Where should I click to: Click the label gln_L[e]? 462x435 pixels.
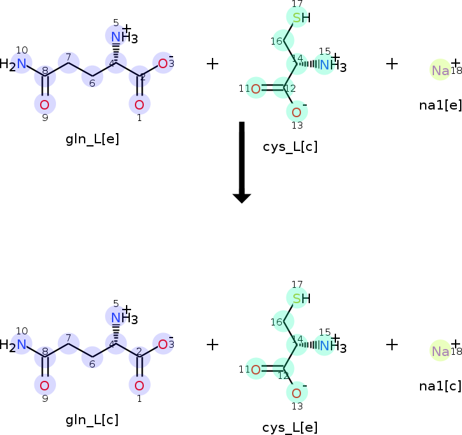92,139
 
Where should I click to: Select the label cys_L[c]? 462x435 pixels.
290,147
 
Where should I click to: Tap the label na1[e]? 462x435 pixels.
440,104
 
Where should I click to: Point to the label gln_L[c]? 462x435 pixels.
92,420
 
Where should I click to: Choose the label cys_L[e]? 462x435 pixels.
290,427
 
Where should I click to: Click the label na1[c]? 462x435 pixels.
440,385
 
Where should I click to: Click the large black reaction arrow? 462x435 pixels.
241,162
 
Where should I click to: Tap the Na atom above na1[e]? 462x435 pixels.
440,70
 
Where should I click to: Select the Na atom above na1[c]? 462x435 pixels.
440,351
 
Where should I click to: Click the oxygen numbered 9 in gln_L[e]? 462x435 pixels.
45,104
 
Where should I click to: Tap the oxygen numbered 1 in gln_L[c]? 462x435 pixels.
139,385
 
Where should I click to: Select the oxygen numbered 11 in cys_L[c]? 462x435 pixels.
255,89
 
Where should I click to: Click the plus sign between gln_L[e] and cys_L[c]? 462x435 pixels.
213,63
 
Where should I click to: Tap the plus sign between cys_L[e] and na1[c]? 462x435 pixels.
392,345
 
